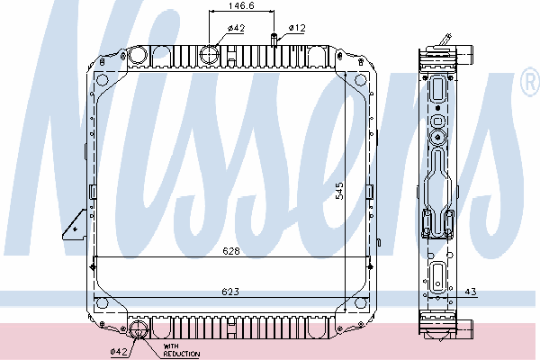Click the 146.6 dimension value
(241, 6)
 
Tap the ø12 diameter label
(297, 28)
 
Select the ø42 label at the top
(236, 28)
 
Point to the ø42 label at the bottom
(119, 352)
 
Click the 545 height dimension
(339, 191)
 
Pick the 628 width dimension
(231, 251)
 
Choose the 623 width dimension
(230, 292)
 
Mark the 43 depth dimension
(471, 292)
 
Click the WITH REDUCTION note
(181, 350)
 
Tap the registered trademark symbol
(530, 81)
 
